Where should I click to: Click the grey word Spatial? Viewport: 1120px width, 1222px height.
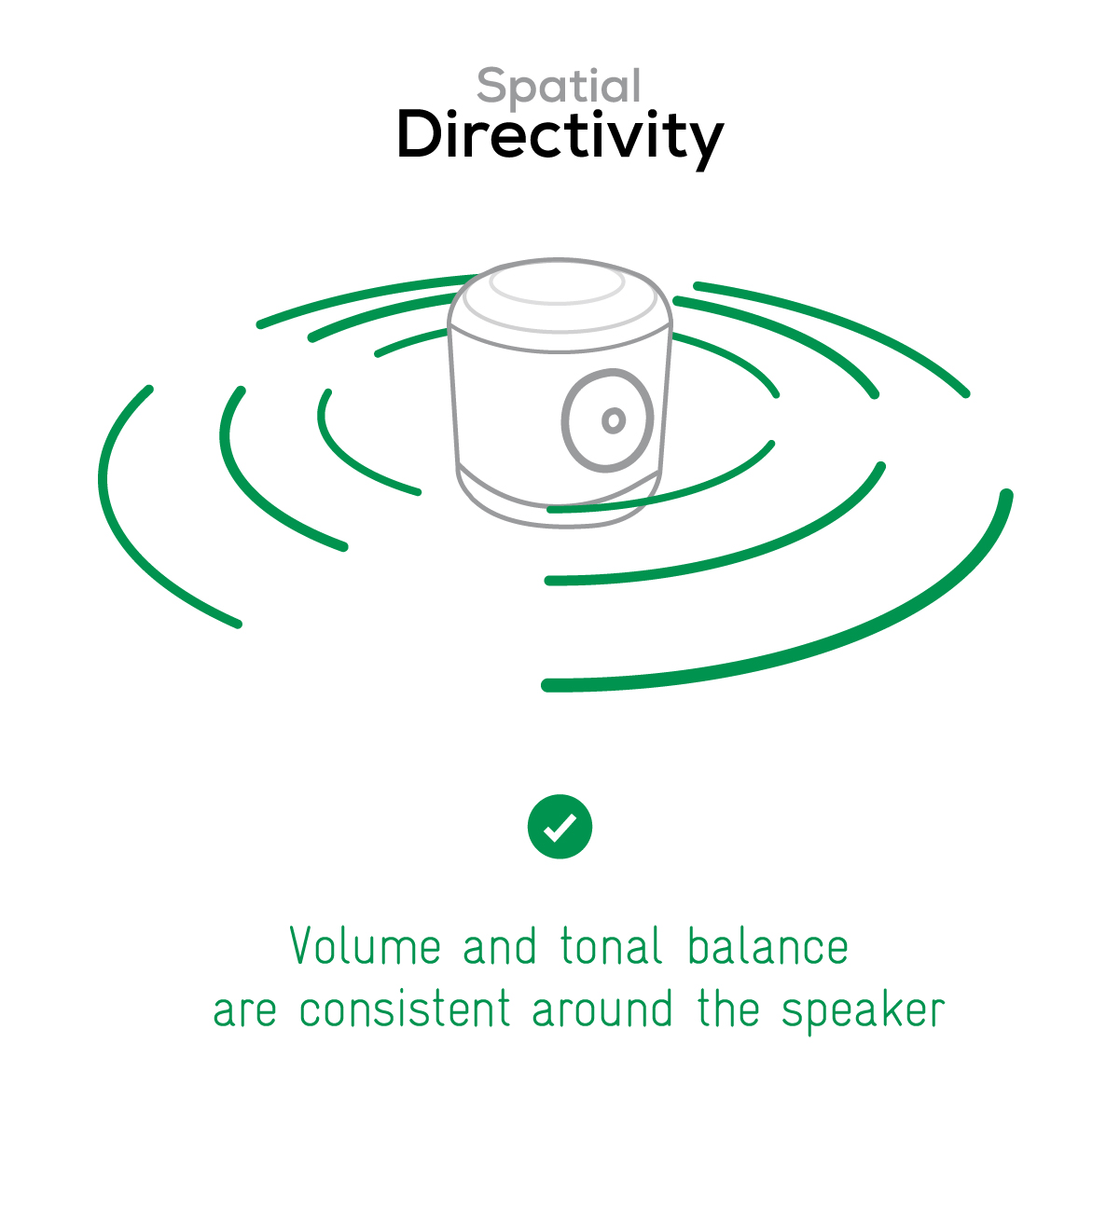559,86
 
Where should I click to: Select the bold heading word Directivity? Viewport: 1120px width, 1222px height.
560,138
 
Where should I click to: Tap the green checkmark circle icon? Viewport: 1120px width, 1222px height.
560,827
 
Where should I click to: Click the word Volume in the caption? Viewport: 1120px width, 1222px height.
365,945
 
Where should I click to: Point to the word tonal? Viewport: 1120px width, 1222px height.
611,945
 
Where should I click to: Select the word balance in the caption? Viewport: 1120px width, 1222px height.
768,945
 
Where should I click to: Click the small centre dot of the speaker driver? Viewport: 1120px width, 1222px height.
614,420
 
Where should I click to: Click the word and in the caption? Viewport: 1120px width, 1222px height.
499,945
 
